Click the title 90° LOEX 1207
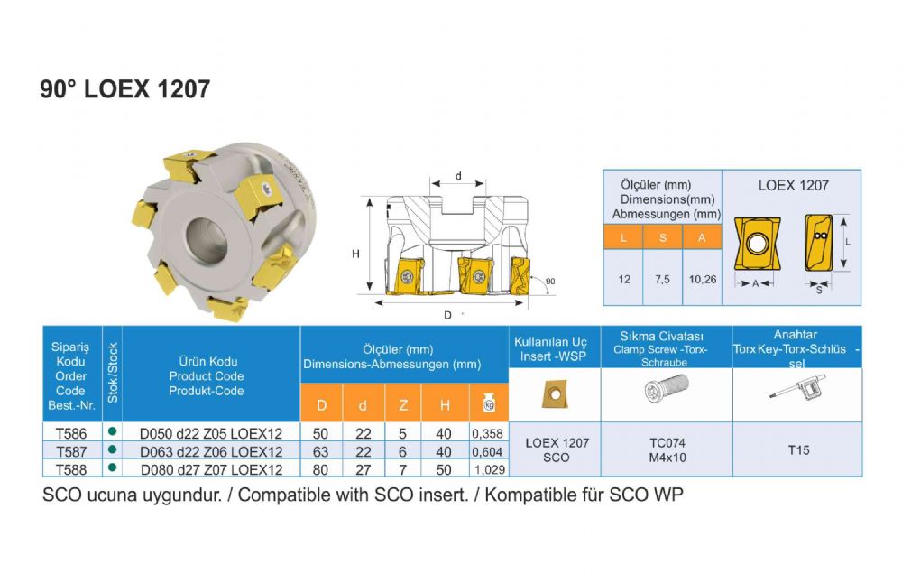124,89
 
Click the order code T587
71,452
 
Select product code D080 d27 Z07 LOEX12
212,470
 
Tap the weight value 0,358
487,433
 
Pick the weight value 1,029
490,469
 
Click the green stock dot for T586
112,431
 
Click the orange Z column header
403,405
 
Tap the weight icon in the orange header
489,403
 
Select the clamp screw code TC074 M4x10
667,450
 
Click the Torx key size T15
798,450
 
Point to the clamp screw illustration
667,388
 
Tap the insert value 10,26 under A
703,279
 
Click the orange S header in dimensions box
663,237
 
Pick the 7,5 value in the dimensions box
662,279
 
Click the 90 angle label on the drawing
550,282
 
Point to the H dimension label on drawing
355,254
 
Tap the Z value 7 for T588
402,470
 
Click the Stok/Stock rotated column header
113,373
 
